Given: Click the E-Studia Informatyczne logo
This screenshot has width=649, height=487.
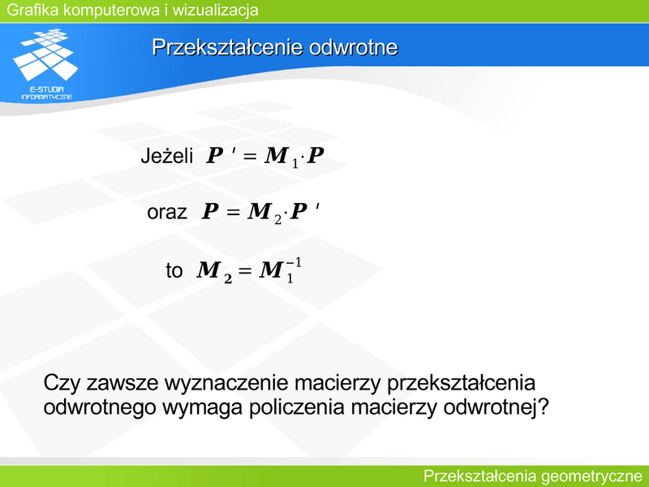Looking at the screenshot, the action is pyautogui.click(x=46, y=64).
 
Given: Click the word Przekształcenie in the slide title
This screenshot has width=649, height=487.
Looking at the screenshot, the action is pyautogui.click(x=228, y=47).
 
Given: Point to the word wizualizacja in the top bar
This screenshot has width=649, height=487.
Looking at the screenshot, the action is pyautogui.click(x=215, y=10).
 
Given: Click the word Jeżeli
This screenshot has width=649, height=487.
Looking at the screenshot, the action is pyautogui.click(x=167, y=156).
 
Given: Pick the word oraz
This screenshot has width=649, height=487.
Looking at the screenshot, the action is pyautogui.click(x=167, y=212).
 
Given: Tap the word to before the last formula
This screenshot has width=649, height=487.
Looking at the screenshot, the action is pyautogui.click(x=174, y=270).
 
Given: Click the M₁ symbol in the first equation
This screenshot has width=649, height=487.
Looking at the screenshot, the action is pyautogui.click(x=282, y=157).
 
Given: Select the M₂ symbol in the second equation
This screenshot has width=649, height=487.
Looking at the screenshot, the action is pyautogui.click(x=264, y=213).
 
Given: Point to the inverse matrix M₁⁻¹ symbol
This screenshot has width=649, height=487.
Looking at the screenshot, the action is pyautogui.click(x=280, y=269).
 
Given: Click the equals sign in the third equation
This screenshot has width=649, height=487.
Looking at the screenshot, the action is pyautogui.click(x=245, y=271).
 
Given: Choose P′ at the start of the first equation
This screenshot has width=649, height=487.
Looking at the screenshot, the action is pyautogui.click(x=221, y=156).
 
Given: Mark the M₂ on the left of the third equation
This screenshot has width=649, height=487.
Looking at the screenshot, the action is pyautogui.click(x=214, y=271).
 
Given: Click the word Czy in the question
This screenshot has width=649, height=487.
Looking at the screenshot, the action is pyautogui.click(x=62, y=383).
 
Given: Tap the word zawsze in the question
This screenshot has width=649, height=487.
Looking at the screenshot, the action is pyautogui.click(x=122, y=383).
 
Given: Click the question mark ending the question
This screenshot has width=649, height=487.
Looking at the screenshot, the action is pyautogui.click(x=544, y=407).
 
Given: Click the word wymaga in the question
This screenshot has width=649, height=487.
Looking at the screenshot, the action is pyautogui.click(x=202, y=408).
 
